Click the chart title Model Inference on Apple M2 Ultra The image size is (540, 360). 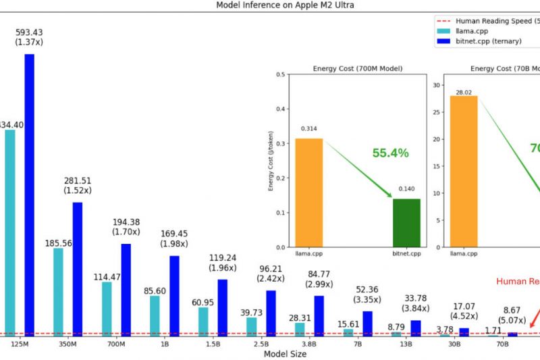point(270,5)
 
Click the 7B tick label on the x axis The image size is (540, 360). point(357,344)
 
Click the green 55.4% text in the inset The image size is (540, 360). point(390,153)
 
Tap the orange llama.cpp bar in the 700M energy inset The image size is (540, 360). point(308,192)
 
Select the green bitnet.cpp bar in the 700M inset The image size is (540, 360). point(406,223)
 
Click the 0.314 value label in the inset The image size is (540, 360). point(308,128)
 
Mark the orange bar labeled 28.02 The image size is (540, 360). point(464,172)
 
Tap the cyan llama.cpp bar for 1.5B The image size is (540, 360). point(203,321)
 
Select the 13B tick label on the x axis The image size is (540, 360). point(406,344)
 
